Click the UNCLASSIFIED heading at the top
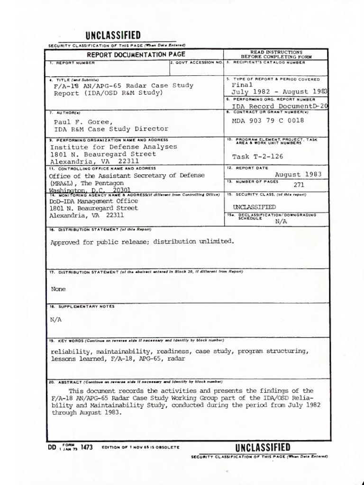[x=113, y=36]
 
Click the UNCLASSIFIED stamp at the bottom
[x=263, y=448]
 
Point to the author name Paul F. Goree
[x=83, y=122]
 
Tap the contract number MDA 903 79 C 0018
[x=268, y=120]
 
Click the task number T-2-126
[x=259, y=157]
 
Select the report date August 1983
[x=298, y=174]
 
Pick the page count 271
[x=299, y=185]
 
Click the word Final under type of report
[x=242, y=85]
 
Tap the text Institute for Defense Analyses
[x=114, y=147]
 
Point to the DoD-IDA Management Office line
[x=93, y=201]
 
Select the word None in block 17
[x=58, y=289]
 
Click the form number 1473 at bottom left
[x=86, y=447]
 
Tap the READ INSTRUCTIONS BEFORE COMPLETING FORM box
[x=276, y=54]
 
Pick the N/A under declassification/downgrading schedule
[x=281, y=221]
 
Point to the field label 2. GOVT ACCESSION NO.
[x=196, y=63]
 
